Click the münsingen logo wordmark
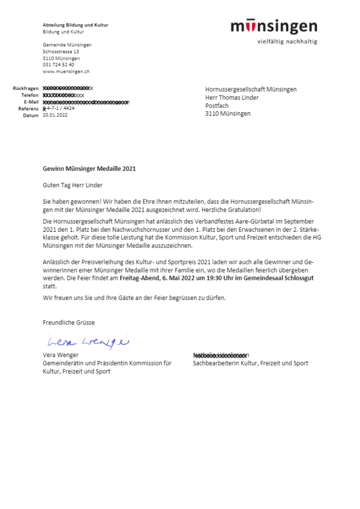coord(273,26)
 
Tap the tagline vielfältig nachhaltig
coord(287,41)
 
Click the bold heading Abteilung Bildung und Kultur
coord(75,25)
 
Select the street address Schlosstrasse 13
coord(61,51)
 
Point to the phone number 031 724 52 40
coord(58,65)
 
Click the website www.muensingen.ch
coord(66,72)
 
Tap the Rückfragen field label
coord(26,89)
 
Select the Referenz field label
coord(28,108)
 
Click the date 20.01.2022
coord(55,115)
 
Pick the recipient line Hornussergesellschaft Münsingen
coord(251,89)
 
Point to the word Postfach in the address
coord(217,105)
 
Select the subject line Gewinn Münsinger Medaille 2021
coord(89,168)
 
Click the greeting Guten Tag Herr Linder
coord(73,185)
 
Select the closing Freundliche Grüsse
coord(69,322)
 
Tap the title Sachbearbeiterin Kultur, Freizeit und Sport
coord(250,363)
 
